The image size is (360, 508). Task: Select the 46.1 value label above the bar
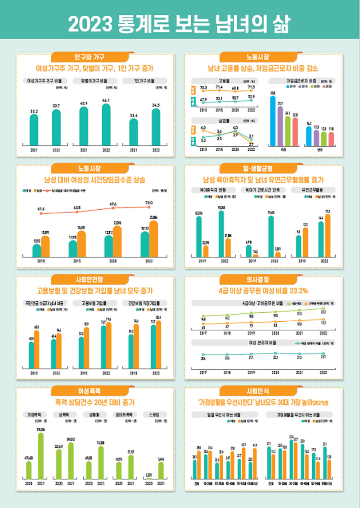click(x=106, y=100)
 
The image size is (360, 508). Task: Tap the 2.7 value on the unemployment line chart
click(x=251, y=144)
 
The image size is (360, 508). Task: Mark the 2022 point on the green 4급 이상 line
click(x=324, y=308)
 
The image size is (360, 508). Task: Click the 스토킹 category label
click(x=155, y=414)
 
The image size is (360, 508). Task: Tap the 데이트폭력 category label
click(x=125, y=414)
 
